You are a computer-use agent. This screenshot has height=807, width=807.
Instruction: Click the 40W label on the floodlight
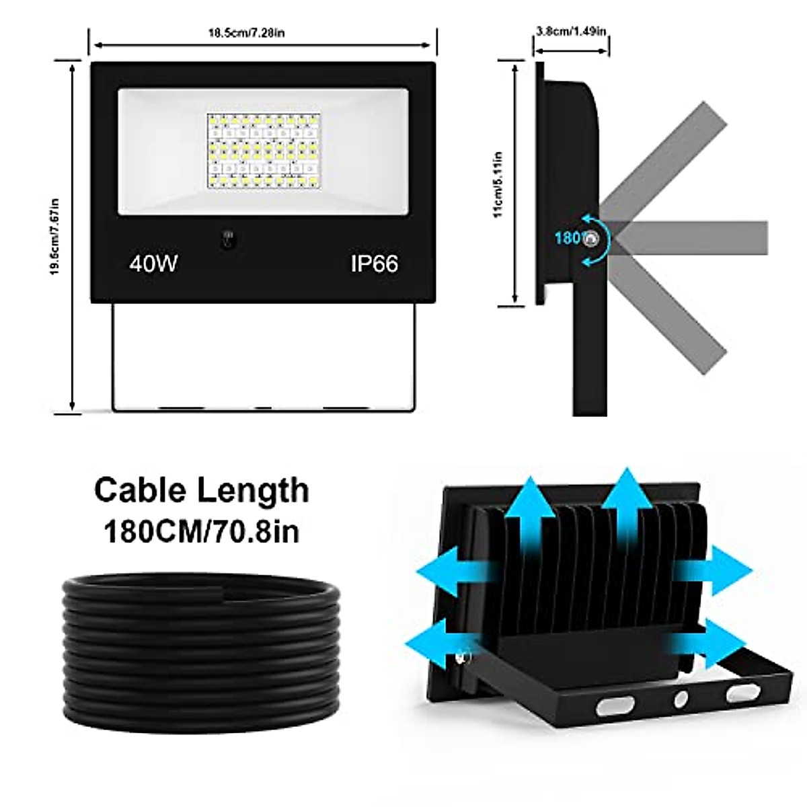pos(153,263)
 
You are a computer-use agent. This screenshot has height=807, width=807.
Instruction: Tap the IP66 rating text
pos(374,263)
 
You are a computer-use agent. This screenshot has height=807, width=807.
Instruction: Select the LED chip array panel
pos(262,149)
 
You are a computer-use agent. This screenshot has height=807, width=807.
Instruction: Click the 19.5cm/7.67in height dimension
pos(56,235)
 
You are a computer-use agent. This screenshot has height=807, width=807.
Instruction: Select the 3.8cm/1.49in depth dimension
pos(571,31)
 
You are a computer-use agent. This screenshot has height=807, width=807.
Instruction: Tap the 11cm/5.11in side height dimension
pos(498,184)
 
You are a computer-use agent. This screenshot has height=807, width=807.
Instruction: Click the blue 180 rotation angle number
pos(567,238)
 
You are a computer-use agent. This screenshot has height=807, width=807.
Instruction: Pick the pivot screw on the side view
pos(592,239)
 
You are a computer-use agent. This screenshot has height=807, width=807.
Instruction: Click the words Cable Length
pos(201,490)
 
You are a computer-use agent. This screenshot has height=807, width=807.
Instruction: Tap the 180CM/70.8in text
pos(201,531)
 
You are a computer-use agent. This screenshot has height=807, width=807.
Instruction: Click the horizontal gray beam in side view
pos(693,238)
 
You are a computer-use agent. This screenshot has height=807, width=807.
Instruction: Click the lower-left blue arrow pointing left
pos(440,642)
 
